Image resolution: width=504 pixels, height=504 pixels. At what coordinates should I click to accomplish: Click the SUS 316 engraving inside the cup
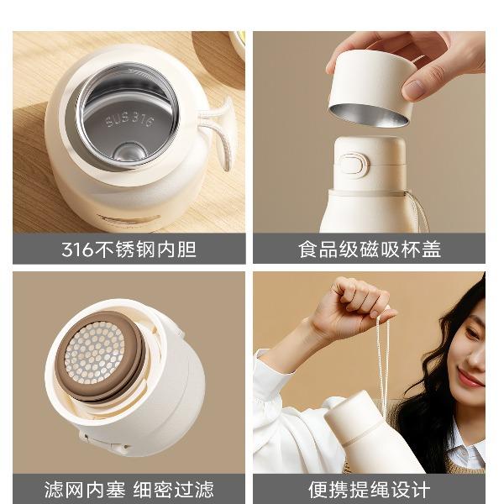(x=130, y=119)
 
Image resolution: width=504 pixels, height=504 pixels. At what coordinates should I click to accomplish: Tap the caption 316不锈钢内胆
(x=129, y=249)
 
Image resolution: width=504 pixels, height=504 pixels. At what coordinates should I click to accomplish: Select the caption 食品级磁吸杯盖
(x=370, y=249)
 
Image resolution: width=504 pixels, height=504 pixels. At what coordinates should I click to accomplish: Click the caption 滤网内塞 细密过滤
(x=129, y=490)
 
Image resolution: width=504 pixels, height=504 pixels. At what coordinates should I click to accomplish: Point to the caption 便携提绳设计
(x=370, y=490)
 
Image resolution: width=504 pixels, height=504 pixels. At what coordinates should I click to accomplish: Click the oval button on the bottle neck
(x=354, y=165)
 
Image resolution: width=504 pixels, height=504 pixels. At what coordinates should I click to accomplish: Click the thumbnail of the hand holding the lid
(x=369, y=132)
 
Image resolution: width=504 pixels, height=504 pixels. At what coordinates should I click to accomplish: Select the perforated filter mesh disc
(x=94, y=353)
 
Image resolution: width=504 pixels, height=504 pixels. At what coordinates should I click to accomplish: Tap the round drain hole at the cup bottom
(x=129, y=153)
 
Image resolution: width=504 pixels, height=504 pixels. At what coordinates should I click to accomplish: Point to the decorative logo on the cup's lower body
(x=129, y=220)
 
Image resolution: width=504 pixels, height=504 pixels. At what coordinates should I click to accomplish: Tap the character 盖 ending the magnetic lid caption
(x=432, y=249)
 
